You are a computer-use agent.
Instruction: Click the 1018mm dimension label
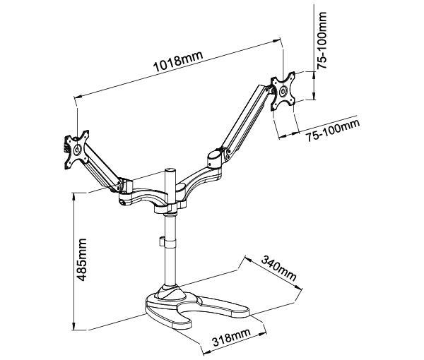pyautogui.click(x=177, y=63)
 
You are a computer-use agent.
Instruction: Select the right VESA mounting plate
pyautogui.click(x=285, y=90)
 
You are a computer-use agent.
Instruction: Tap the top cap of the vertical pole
pyautogui.click(x=170, y=172)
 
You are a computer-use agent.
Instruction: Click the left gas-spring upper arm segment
pyautogui.click(x=100, y=168)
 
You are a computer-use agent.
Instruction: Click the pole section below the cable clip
pyautogui.click(x=170, y=265)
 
